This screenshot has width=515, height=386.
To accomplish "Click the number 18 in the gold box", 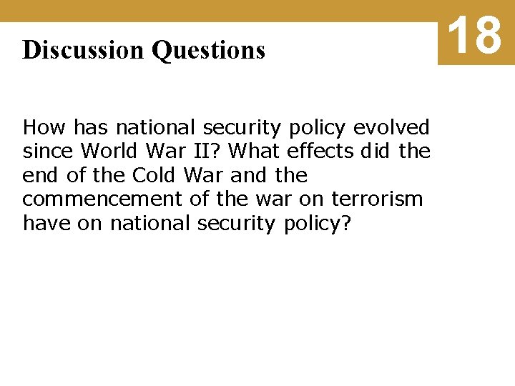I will coord(476,35).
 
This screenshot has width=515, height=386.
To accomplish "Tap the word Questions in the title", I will coord(208,50).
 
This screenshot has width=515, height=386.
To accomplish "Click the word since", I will coord(49,152).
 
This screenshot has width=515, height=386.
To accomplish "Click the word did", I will coord(376,152).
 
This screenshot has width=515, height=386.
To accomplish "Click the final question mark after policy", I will coord(346,223).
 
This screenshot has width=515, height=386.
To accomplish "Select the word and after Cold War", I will coord(247,175).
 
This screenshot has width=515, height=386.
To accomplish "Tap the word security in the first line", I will coord(243,128).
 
